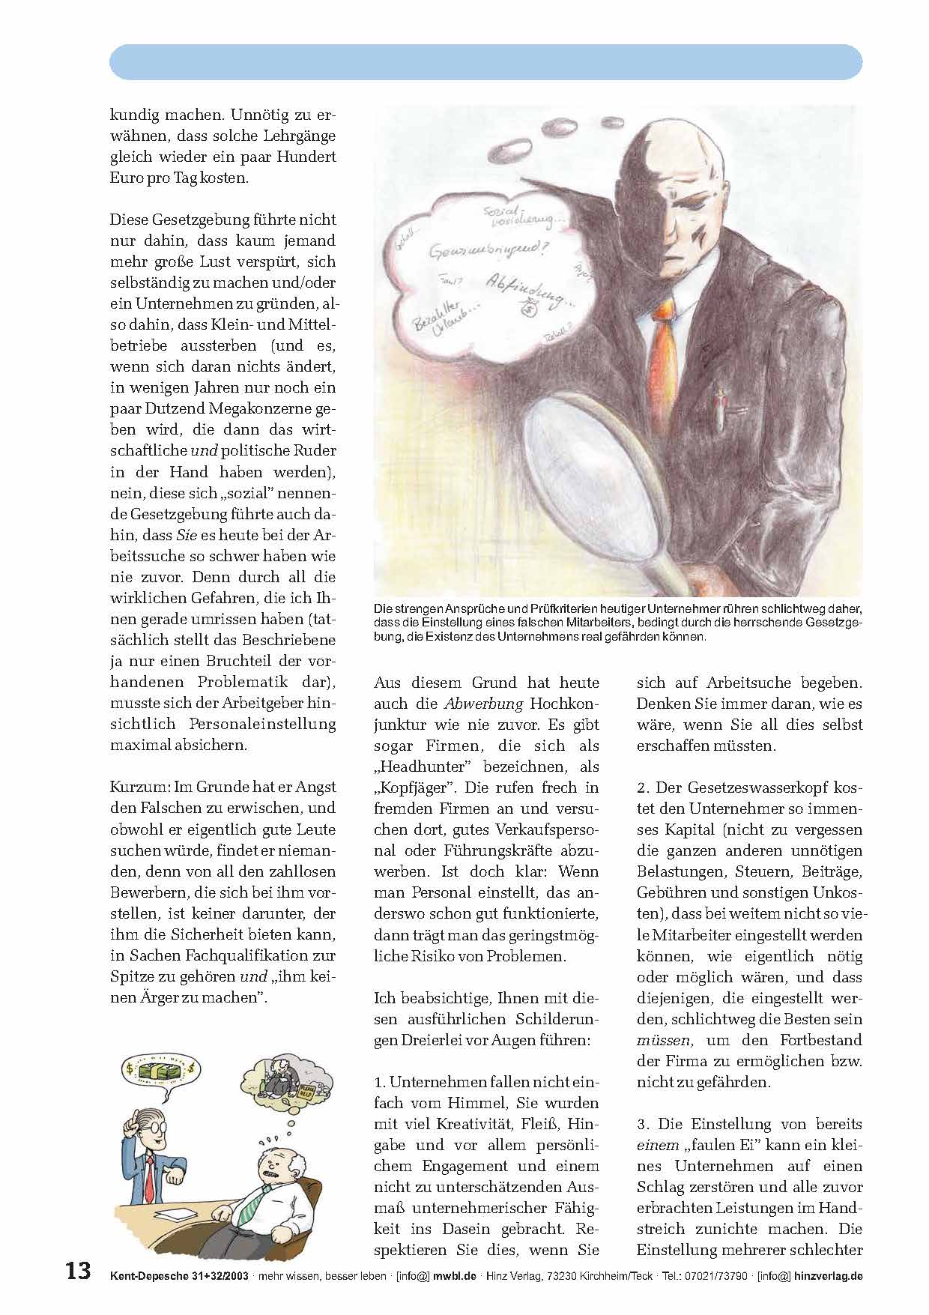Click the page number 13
77,1271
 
